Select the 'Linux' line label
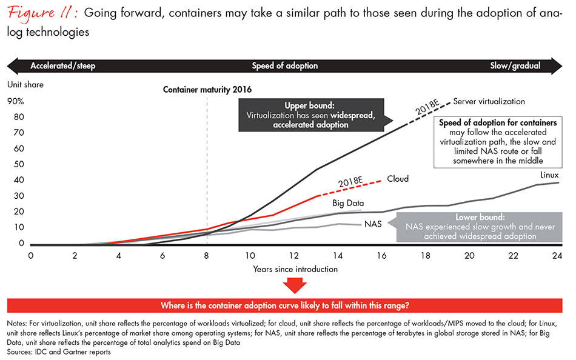[x=549, y=175]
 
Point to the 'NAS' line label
[x=373, y=224]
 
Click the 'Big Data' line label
[x=347, y=204]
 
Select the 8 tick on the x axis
[x=207, y=255]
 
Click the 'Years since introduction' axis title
[x=296, y=268]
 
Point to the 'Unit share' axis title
[x=25, y=85]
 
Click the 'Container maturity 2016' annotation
[x=207, y=89]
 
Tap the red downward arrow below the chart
[x=296, y=285]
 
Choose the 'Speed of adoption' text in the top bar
[x=285, y=65]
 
